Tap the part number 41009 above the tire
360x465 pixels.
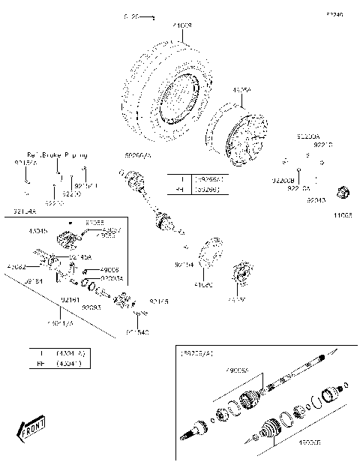(x=182, y=26)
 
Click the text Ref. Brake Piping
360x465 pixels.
(x=58, y=154)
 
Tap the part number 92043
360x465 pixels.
(x=316, y=200)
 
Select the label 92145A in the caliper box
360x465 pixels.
(x=80, y=257)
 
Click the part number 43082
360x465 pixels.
(x=16, y=266)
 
